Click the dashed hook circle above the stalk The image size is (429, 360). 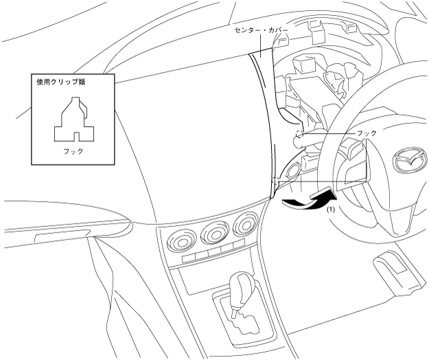299,132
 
